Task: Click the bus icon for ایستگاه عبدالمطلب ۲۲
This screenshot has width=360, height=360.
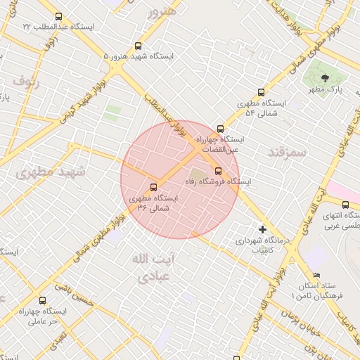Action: point(58,17)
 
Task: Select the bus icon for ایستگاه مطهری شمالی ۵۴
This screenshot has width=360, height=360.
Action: point(262,92)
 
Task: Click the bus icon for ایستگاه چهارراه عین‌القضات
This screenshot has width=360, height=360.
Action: point(221,129)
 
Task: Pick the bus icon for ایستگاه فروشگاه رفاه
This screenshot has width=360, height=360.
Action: point(217,170)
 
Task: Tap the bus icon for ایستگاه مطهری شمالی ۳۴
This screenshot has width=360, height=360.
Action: point(154,187)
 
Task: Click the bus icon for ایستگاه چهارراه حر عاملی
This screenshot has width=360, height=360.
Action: point(43,300)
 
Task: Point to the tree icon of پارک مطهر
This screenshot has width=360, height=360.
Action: point(324,78)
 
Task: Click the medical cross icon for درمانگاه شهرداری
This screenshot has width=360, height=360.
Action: point(262,230)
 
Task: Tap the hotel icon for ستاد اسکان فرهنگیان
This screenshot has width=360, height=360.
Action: point(316,275)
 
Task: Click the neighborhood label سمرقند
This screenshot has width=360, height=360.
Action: point(288,151)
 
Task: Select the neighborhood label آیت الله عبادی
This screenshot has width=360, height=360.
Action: point(152,268)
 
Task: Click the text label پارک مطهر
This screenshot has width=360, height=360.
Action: point(326,91)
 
